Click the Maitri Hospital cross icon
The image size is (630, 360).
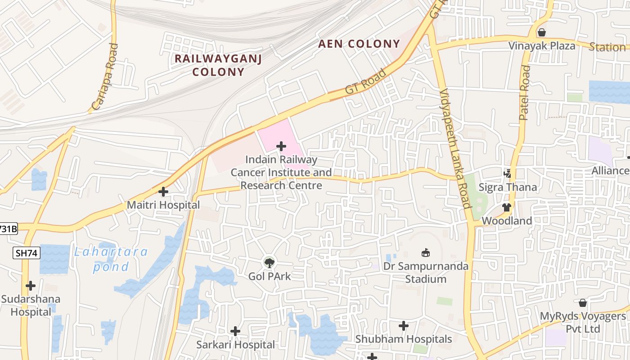tap(163, 192)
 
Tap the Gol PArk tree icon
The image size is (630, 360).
tap(269, 262)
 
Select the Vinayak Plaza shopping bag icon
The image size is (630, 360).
tap(542, 32)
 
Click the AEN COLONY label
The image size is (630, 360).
tap(359, 44)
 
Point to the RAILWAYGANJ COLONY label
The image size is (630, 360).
tap(218, 65)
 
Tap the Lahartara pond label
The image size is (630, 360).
tap(111, 259)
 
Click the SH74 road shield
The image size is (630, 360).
tap(27, 253)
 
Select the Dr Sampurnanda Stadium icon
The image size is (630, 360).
tap(425, 253)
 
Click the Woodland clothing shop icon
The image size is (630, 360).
tap(507, 207)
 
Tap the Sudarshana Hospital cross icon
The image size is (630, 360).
tap(31, 286)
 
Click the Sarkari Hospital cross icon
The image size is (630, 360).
tap(235, 332)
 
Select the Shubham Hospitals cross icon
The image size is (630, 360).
tap(404, 325)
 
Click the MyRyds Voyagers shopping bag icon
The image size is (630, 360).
tap(583, 303)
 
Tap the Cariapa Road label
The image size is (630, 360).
tap(105, 77)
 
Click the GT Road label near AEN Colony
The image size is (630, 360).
tap(365, 81)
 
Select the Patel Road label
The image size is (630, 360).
tap(525, 93)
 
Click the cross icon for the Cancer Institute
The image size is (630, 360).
tap(281, 146)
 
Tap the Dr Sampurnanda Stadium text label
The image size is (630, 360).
tap(425, 273)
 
